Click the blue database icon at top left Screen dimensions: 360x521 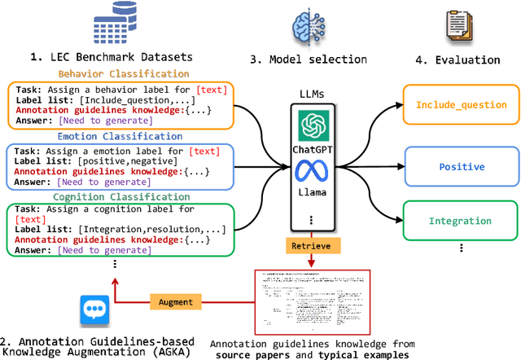99,24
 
